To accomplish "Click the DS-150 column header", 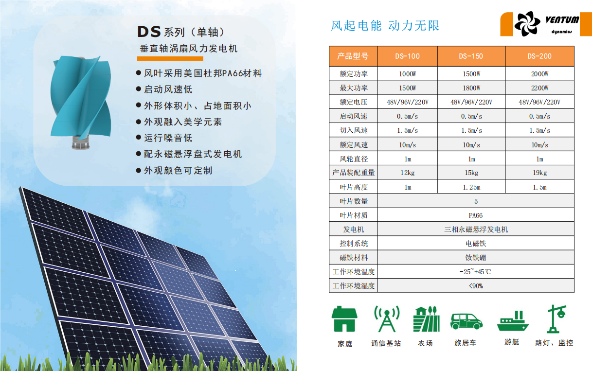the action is coord(471,56).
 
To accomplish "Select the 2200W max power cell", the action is coord(539,88).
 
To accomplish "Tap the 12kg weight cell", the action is coord(407,173).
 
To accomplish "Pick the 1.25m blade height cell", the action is coord(471,187).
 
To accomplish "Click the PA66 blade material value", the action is coord(475,215).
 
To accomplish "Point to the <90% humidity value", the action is coord(476,286).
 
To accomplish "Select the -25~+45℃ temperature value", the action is coord(475,272).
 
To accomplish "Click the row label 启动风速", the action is coord(353,116).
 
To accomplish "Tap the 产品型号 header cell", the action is coord(353,56).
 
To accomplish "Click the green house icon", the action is coord(344,319).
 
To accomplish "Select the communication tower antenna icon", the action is coord(387,319).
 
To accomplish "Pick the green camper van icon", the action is coord(466,321).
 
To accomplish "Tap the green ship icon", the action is coord(513,321).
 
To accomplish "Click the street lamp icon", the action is coord(556,319).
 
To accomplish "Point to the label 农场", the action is coord(425,343).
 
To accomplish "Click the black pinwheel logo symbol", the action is coord(527,24).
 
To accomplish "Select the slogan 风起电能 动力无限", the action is coord(385,26).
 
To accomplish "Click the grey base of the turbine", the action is coord(81,142).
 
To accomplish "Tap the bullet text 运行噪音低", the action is coord(168,138).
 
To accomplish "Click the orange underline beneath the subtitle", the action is coord(170,59).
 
